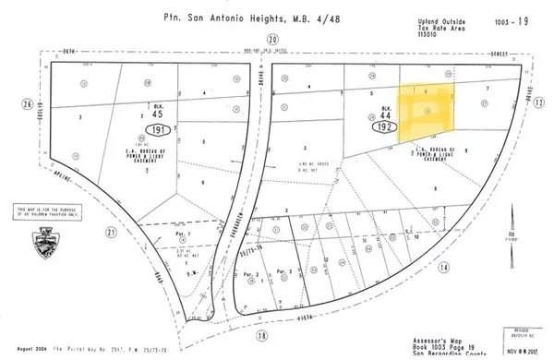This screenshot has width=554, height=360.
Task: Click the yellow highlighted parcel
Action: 428,110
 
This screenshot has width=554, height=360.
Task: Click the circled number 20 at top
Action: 271,39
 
